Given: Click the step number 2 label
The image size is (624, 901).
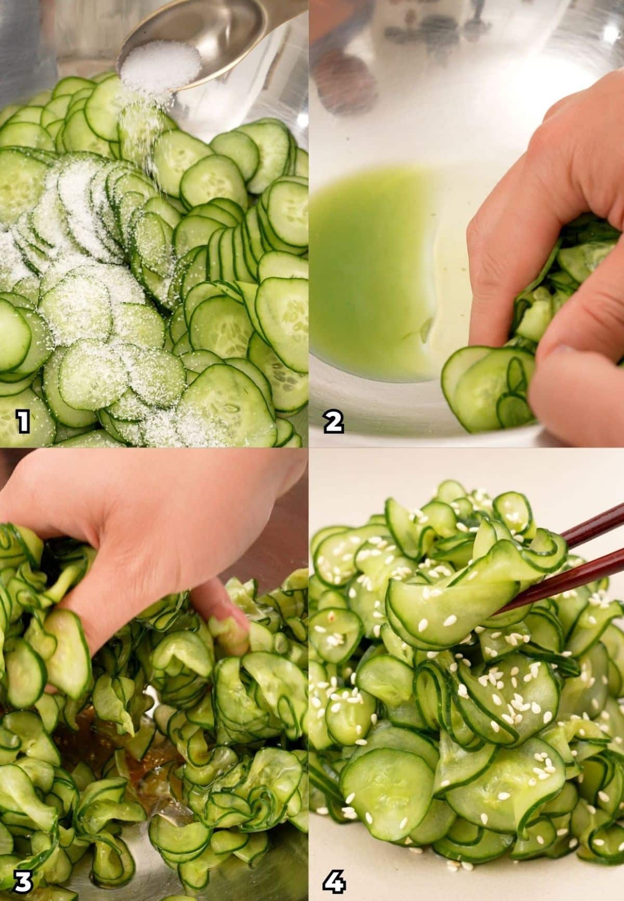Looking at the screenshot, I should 333,422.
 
